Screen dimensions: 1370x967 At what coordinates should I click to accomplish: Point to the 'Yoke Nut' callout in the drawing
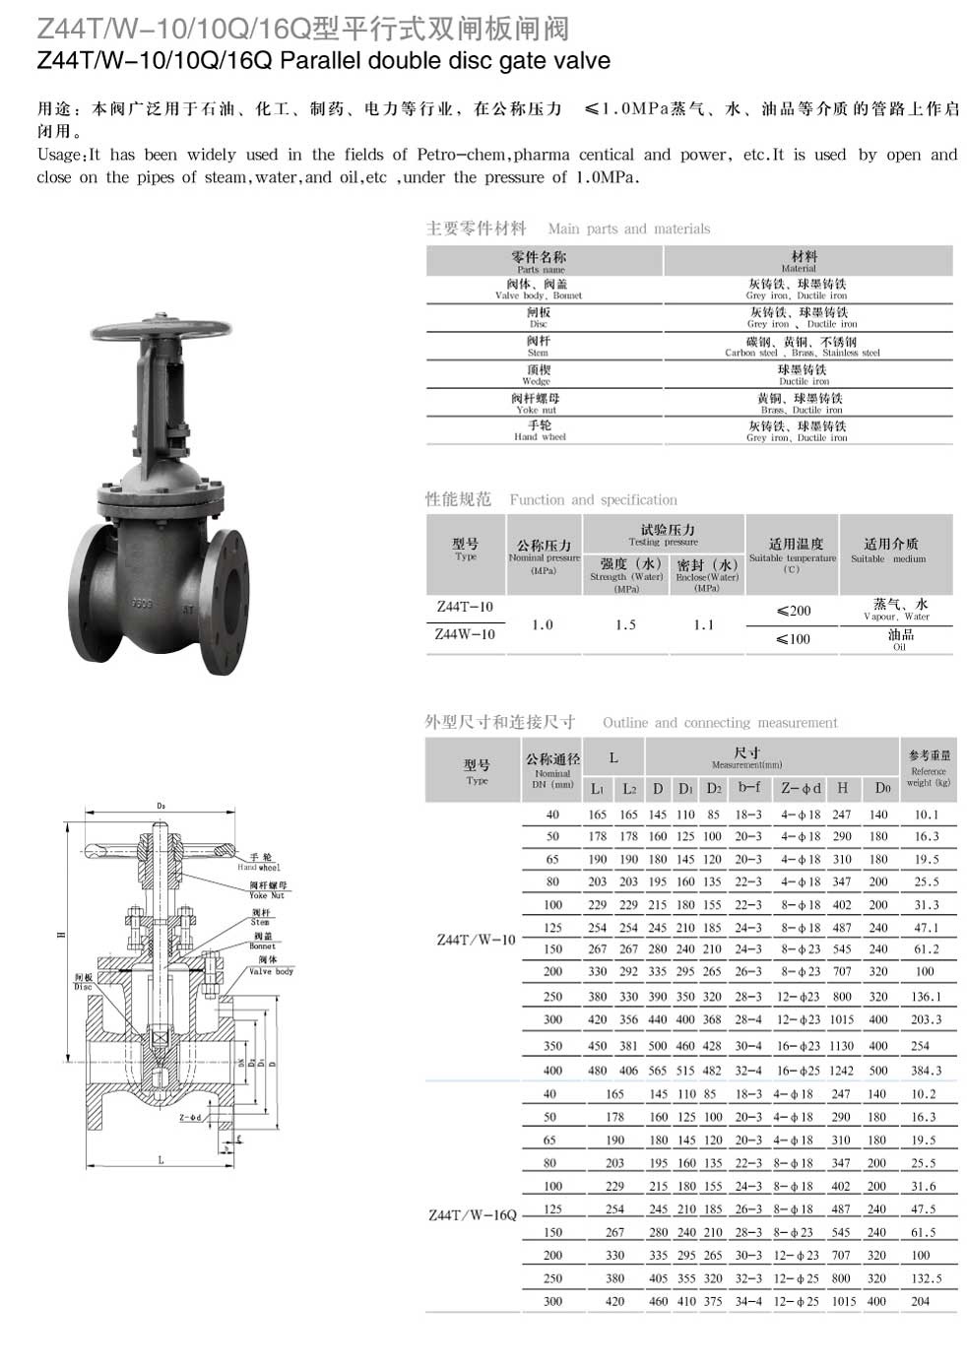tap(266, 890)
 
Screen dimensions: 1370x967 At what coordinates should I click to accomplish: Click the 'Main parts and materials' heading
tap(628, 228)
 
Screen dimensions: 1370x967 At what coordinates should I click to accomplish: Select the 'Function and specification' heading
tap(593, 499)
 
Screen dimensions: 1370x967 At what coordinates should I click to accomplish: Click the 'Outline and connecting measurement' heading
tap(720, 722)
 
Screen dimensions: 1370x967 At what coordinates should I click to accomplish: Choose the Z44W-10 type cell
tap(465, 634)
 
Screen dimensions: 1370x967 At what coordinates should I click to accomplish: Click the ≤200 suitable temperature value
tap(793, 611)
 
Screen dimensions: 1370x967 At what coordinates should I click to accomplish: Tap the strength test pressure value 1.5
tap(625, 624)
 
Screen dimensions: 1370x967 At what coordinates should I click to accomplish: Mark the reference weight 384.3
tap(926, 1070)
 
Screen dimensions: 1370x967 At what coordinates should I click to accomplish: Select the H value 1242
tap(841, 1070)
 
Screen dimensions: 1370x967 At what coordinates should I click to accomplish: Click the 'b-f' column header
tap(748, 788)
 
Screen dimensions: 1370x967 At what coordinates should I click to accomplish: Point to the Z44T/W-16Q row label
tap(473, 1214)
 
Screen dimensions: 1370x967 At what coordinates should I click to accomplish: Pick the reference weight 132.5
tap(926, 1278)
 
